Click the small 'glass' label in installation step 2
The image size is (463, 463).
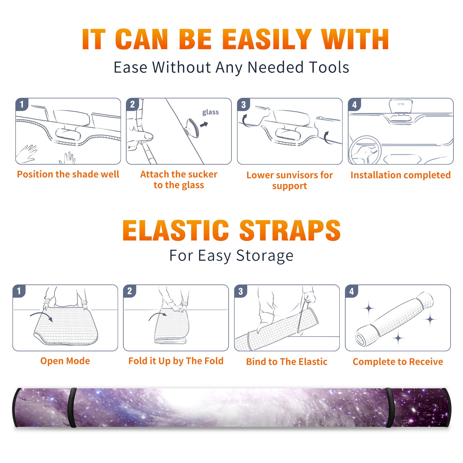tap(210, 112)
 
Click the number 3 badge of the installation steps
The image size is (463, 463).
tap(243, 105)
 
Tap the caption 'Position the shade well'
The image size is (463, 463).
tap(68, 174)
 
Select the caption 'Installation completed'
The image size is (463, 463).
tap(400, 175)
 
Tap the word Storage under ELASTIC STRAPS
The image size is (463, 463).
tap(265, 256)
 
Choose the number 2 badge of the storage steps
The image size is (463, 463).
tap(130, 291)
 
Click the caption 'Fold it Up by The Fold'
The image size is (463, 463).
tap(176, 361)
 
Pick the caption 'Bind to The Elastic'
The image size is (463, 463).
tap(287, 362)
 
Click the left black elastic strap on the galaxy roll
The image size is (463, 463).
tap(72, 408)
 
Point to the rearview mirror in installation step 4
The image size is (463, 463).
tap(400, 106)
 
